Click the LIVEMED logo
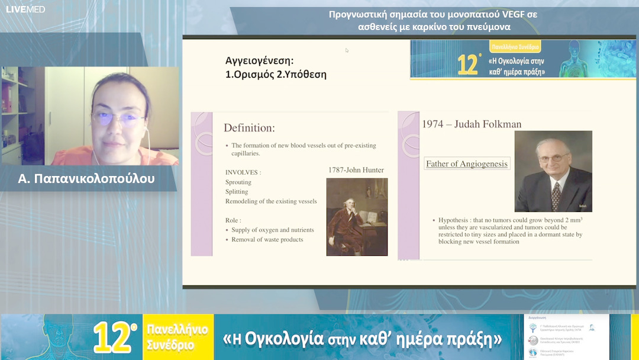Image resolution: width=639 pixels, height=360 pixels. click(x=25, y=9)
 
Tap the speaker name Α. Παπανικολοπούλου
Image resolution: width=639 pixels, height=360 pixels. click(x=86, y=178)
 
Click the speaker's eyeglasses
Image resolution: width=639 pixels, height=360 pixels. click(x=118, y=117)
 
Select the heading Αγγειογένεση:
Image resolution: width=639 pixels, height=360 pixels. click(x=259, y=60)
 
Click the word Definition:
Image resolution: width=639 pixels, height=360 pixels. click(x=249, y=128)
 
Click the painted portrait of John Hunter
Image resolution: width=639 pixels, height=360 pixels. click(x=357, y=217)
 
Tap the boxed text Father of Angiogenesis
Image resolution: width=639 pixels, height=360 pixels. click(x=467, y=163)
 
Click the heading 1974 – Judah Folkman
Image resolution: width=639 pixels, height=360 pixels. click(x=472, y=124)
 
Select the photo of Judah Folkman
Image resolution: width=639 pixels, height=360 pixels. click(x=553, y=171)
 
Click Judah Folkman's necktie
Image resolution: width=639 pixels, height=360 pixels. click(x=556, y=195)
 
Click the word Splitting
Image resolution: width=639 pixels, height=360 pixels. click(x=237, y=192)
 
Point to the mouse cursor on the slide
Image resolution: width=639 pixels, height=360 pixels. click(x=347, y=50)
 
